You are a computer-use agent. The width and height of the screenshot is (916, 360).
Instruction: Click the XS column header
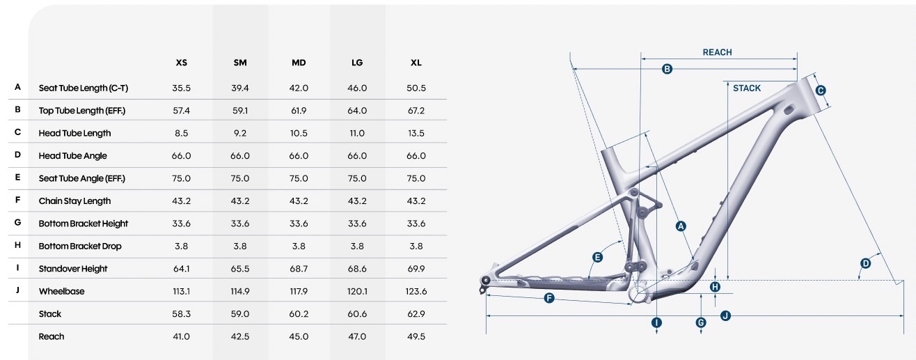[181, 63]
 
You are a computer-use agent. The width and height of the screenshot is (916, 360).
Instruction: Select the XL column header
[416, 63]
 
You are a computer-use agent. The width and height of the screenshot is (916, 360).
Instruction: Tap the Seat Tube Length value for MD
[299, 88]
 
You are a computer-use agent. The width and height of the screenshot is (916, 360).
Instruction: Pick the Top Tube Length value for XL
[416, 111]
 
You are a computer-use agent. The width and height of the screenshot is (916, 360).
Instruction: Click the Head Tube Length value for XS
[181, 133]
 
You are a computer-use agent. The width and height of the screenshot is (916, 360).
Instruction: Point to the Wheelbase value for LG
[357, 291]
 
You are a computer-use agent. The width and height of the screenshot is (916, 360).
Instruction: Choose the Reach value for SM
[240, 336]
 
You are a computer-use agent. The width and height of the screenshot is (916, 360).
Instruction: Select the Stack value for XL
[416, 314]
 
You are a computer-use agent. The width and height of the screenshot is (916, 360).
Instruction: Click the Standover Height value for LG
[357, 269]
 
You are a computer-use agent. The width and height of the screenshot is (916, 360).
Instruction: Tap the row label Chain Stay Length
[75, 201]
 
